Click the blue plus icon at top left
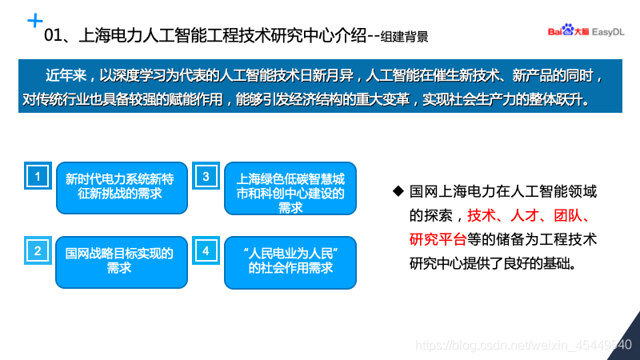[x=35, y=19]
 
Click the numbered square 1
[x=37, y=175]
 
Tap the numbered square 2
[x=37, y=250]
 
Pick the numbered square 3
[x=206, y=175]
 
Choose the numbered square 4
[x=206, y=250]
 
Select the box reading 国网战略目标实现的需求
[x=119, y=262]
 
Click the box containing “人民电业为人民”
[x=290, y=262]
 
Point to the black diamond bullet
[x=398, y=192]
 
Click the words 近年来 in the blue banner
[x=62, y=78]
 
